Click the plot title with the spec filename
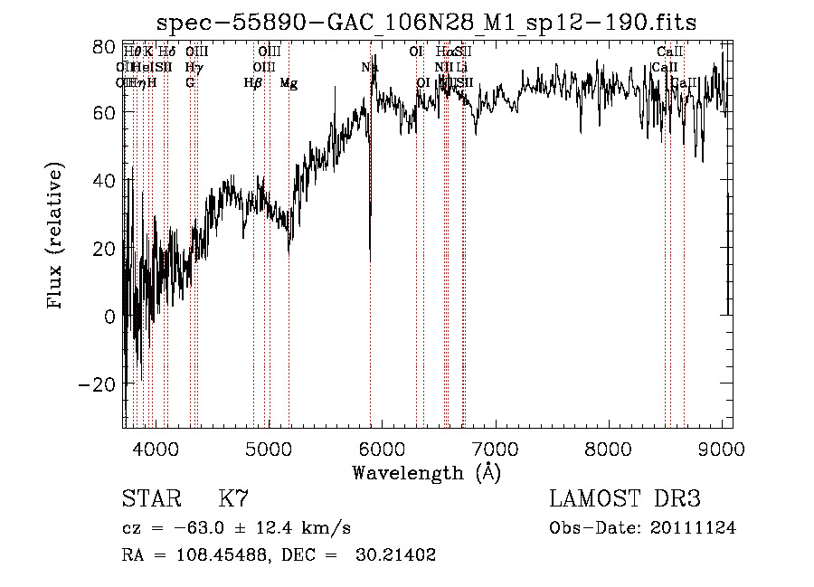pyautogui.click(x=427, y=22)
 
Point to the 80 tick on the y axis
pyautogui.click(x=106, y=46)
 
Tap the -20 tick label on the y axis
pyautogui.click(x=98, y=384)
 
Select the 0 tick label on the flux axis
pyautogui.click(x=109, y=317)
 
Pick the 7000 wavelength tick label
pyautogui.click(x=495, y=448)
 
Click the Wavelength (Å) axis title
pyautogui.click(x=427, y=472)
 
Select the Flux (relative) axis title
pyautogui.click(x=57, y=237)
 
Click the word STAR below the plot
pyautogui.click(x=151, y=499)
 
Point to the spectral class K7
pyautogui.click(x=234, y=499)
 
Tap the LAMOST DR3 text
pyautogui.click(x=625, y=499)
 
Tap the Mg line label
pyautogui.click(x=289, y=83)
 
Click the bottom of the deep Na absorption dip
pyautogui.click(x=370, y=260)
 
